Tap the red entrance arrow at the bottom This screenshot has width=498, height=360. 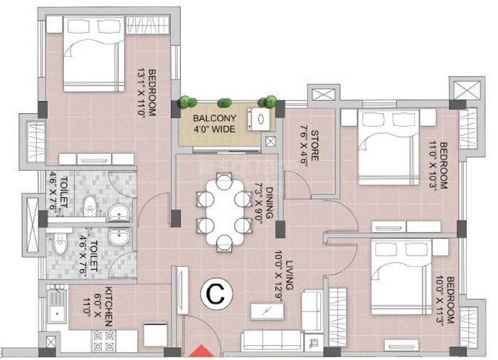(x=201, y=352)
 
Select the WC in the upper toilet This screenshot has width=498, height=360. (x=89, y=208)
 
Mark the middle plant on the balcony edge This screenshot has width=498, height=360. (x=226, y=101)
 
